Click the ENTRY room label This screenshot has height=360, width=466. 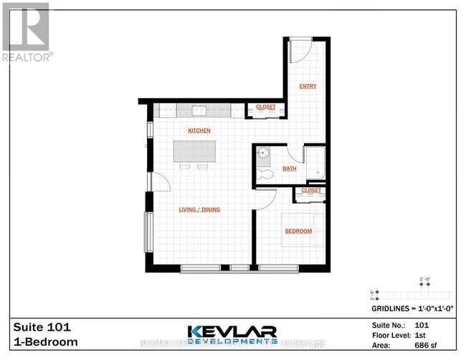(x=308, y=87)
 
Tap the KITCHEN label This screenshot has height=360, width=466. (x=199, y=131)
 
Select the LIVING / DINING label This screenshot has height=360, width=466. (x=199, y=209)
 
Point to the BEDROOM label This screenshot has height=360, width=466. (x=298, y=231)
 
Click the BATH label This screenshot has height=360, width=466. (x=289, y=169)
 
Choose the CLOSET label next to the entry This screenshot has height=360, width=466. (x=265, y=108)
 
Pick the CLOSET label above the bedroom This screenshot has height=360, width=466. (x=311, y=191)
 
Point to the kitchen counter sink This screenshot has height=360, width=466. (x=199, y=110)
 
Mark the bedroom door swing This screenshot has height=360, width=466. (x=266, y=199)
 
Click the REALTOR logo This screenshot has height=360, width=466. (x=26, y=32)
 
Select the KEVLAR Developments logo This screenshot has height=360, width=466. (x=232, y=335)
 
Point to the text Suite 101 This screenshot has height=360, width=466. (x=42, y=326)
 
